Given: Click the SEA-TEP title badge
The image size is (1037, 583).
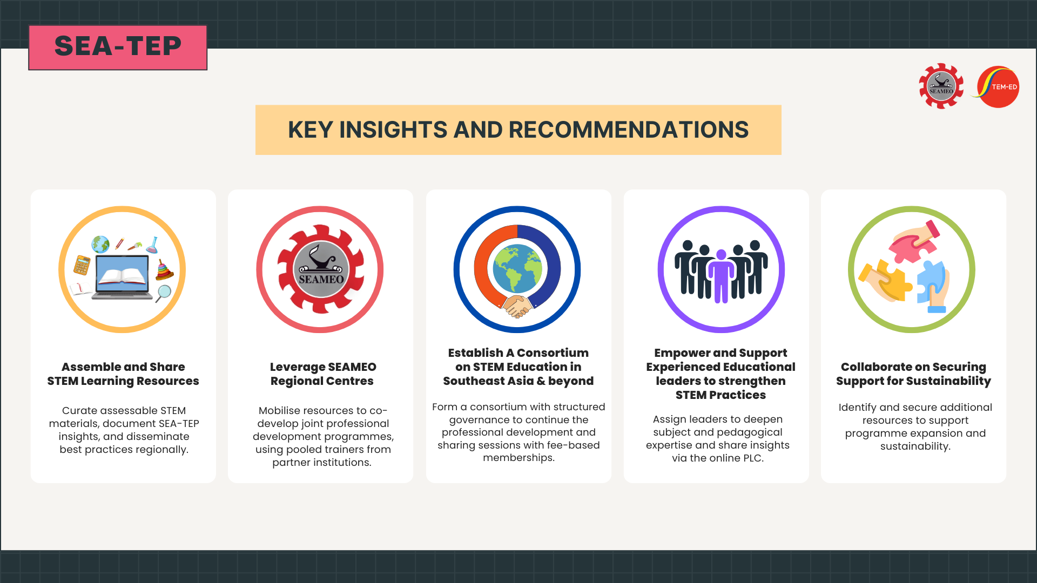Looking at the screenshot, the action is (118, 47).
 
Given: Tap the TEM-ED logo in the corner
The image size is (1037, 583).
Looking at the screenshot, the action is (997, 87).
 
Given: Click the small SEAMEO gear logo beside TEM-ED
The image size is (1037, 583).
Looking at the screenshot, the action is (941, 86).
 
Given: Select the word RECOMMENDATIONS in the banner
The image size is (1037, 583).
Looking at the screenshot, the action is (629, 130).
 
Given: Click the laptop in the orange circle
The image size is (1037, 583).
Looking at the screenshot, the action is (122, 277).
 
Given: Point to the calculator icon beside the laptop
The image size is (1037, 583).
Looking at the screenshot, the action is (82, 265).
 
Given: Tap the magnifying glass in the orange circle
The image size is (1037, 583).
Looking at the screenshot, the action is (163, 293).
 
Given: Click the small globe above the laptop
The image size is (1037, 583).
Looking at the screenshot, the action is (100, 245).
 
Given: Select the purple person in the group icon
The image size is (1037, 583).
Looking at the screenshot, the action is (721, 275).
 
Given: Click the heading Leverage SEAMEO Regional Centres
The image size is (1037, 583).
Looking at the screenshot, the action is (322, 374).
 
